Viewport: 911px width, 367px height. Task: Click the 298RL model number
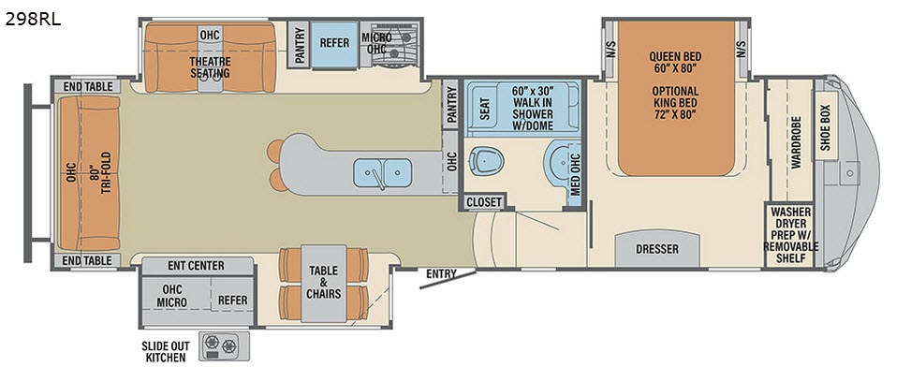pyautogui.click(x=33, y=20)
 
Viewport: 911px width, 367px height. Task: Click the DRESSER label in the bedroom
pyautogui.click(x=657, y=249)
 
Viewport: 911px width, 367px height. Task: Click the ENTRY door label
pyautogui.click(x=442, y=273)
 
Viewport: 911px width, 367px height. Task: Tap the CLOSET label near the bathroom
pyautogui.click(x=484, y=201)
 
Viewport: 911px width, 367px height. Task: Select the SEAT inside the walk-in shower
pyautogui.click(x=486, y=107)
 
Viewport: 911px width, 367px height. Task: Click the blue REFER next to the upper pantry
pyautogui.click(x=334, y=44)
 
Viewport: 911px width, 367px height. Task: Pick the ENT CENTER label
pyautogui.click(x=196, y=266)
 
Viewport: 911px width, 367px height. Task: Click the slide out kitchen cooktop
pyautogui.click(x=225, y=346)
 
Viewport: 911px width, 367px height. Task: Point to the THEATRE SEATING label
pyautogui.click(x=210, y=67)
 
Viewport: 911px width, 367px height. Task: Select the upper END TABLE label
pyautogui.click(x=87, y=87)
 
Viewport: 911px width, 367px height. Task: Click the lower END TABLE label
pyautogui.click(x=87, y=260)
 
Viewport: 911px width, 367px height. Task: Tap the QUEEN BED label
pyautogui.click(x=675, y=57)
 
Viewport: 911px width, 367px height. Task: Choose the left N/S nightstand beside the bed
pyautogui.click(x=610, y=50)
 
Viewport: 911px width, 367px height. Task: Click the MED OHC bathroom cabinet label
pyautogui.click(x=575, y=173)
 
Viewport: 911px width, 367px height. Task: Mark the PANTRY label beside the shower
pyautogui.click(x=450, y=105)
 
